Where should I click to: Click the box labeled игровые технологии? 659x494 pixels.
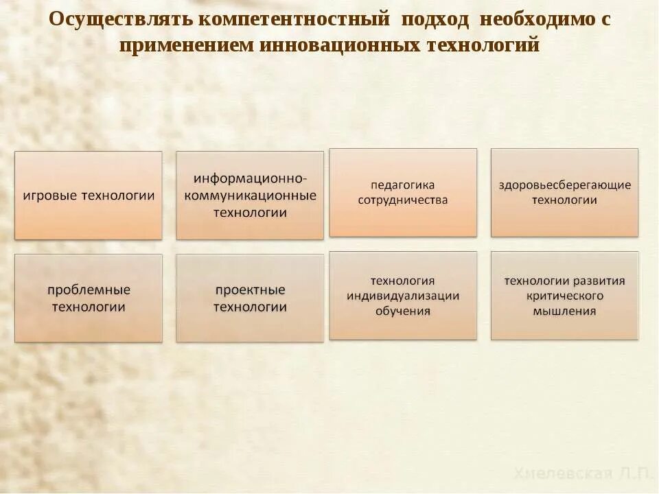click(89, 196)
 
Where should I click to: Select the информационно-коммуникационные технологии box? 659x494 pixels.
click(250, 196)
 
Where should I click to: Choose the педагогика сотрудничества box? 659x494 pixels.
click(403, 193)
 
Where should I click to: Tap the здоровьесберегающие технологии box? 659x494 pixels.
click(564, 193)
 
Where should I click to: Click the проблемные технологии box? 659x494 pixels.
click(89, 298)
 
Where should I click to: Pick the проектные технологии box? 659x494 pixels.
click(250, 298)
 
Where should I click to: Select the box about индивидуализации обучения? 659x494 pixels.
click(403, 296)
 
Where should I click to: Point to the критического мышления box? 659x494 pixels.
click(564, 296)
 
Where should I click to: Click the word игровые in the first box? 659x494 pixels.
click(51, 196)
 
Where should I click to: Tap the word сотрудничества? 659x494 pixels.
click(403, 200)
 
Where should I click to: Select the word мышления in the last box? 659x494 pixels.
click(564, 311)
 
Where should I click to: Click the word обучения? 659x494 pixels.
click(403, 311)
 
